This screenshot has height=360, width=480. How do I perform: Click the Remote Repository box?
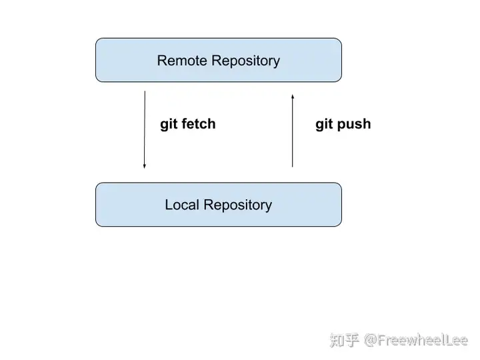tap(219, 60)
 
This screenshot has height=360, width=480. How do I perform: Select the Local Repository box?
tap(219, 205)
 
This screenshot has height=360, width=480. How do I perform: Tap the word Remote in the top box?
tap(182, 60)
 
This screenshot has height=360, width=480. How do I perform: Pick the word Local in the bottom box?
tap(182, 205)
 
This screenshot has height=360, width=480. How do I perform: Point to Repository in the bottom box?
tap(237, 206)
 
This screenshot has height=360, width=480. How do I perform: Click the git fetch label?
tap(187, 124)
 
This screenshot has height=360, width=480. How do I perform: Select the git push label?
tap(343, 124)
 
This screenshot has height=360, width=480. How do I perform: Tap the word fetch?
tap(199, 123)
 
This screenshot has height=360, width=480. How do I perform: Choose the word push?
tap(354, 124)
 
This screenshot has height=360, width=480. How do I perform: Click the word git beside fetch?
tap(169, 124)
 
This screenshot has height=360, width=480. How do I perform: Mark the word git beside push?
tap(324, 124)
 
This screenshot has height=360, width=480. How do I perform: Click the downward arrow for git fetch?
tap(145, 129)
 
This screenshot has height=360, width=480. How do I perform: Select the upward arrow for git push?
tap(293, 131)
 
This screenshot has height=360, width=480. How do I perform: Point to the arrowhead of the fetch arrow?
tap(145, 167)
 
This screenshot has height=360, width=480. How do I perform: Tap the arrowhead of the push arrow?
tap(293, 97)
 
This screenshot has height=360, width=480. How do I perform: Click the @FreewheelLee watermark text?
tap(416, 341)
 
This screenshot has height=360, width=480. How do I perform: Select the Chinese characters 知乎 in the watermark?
tap(345, 341)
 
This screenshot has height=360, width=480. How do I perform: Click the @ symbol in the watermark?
tap(371, 341)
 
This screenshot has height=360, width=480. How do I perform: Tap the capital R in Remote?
tap(162, 60)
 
